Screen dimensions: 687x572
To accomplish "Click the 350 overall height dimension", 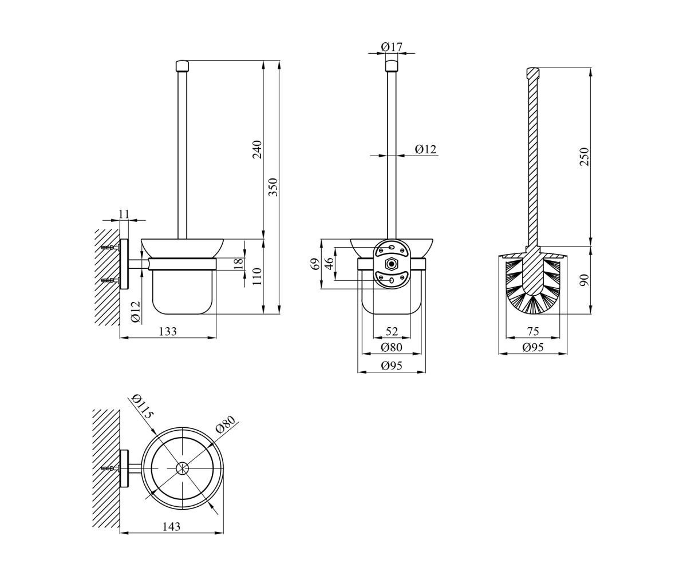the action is (x=274, y=187).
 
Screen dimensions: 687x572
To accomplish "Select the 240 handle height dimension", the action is (x=257, y=149).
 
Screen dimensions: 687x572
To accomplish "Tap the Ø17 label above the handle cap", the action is (x=392, y=47).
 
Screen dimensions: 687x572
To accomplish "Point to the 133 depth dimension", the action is (x=168, y=331).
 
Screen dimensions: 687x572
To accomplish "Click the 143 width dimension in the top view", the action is (x=171, y=527).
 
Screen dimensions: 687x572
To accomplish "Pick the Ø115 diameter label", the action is (x=143, y=406).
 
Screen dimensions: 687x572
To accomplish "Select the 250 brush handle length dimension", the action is (x=584, y=157).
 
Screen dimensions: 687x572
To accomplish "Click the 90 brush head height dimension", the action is (x=584, y=280).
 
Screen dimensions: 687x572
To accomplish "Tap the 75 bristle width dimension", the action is (x=532, y=331).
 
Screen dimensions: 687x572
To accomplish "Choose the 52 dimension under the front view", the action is (x=392, y=331).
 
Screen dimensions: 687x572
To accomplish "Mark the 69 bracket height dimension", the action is (x=315, y=264).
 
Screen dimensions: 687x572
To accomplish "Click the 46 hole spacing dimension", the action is (x=329, y=264).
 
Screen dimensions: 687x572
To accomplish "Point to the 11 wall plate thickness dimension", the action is (x=124, y=214).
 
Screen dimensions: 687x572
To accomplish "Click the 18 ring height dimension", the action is (x=239, y=264).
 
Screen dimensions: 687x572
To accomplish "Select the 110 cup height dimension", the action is (x=257, y=276).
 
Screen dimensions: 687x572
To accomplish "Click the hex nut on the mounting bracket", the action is (x=391, y=264).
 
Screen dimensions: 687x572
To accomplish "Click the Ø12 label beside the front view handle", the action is (x=425, y=149).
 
